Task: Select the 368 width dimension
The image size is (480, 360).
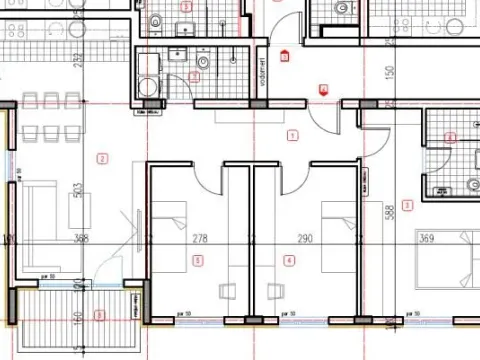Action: [82, 238]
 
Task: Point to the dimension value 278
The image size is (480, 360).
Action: [199, 238]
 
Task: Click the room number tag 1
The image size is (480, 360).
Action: [292, 135]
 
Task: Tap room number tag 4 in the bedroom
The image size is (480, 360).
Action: [290, 261]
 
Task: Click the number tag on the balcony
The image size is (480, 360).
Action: [98, 316]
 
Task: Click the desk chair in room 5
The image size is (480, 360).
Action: [229, 290]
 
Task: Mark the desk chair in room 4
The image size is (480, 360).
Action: [274, 290]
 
